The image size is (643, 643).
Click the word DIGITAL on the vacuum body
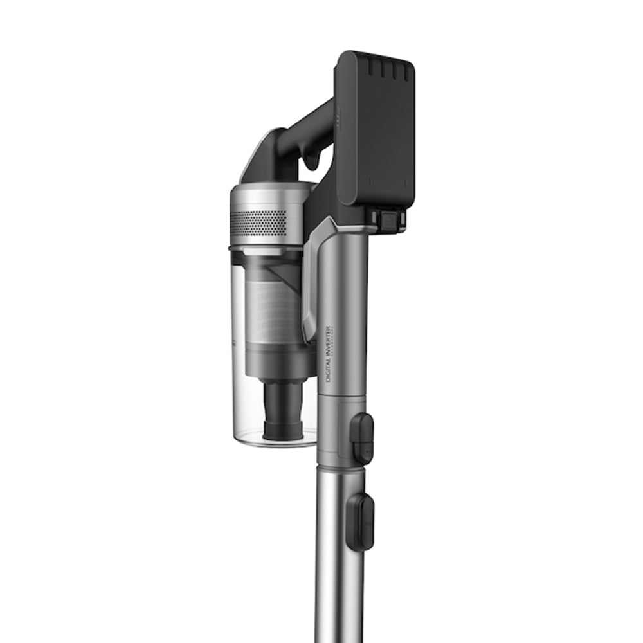(329, 371)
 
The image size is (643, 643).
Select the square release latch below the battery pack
(388, 220)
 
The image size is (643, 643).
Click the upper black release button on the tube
(363, 437)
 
